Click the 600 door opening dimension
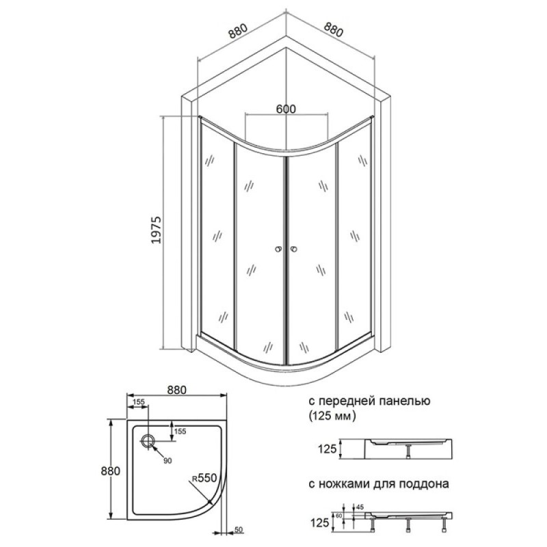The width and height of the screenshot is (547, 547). pyautogui.click(x=286, y=109)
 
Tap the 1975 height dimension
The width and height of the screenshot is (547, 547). pyautogui.click(x=157, y=230)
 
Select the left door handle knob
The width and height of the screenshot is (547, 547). pyautogui.click(x=278, y=249)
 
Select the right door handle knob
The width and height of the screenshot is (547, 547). pyautogui.click(x=294, y=249)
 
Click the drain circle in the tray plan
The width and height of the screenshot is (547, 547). pyautogui.click(x=148, y=441)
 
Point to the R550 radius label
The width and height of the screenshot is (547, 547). pyautogui.click(x=204, y=477)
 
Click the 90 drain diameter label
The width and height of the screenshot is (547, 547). pyautogui.click(x=168, y=461)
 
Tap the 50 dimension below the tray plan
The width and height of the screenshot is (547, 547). pyautogui.click(x=238, y=530)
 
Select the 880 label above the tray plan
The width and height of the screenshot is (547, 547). pyautogui.click(x=176, y=390)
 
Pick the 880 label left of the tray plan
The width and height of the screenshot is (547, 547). pyautogui.click(x=110, y=471)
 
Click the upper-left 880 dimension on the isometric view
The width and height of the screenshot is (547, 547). pyautogui.click(x=238, y=31)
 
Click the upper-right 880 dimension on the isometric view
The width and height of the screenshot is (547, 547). pyautogui.click(x=334, y=29)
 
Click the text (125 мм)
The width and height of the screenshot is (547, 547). pyautogui.click(x=332, y=416)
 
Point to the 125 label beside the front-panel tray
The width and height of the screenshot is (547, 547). pyautogui.click(x=327, y=449)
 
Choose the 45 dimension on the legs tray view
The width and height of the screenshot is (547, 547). pyautogui.click(x=360, y=506)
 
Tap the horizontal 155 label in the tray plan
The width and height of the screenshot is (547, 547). pyautogui.click(x=139, y=401)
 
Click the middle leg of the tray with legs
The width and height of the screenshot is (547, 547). pyautogui.click(x=408, y=525)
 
